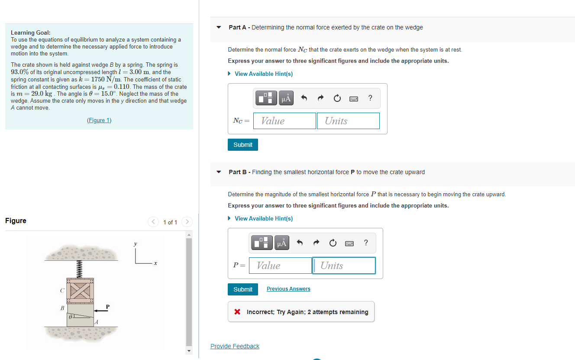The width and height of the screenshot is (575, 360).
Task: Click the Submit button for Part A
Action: click(x=242, y=145)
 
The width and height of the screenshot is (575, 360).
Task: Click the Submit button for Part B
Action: click(x=242, y=289)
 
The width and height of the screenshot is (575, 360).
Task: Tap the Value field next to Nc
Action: click(x=284, y=121)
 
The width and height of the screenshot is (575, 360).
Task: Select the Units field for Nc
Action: click(x=348, y=121)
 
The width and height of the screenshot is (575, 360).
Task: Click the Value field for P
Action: click(x=280, y=266)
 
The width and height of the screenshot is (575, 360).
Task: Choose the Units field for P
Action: click(x=344, y=266)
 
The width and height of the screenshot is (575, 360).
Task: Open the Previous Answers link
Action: click(x=288, y=289)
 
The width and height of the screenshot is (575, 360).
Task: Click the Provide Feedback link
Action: click(x=235, y=346)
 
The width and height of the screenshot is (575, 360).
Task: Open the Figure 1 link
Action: click(x=99, y=120)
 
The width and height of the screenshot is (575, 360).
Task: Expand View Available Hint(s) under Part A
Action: click(x=263, y=74)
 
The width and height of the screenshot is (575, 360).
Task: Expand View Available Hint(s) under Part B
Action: click(x=263, y=218)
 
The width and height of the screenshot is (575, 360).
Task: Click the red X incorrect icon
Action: click(x=237, y=312)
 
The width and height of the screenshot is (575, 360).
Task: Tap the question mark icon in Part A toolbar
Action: click(x=370, y=98)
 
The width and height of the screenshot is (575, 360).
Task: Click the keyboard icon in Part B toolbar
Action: click(x=349, y=243)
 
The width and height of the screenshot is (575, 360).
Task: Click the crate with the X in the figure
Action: click(x=80, y=291)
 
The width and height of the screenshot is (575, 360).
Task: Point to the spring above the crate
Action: click(x=80, y=269)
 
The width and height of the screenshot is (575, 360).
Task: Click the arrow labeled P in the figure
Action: click(x=101, y=311)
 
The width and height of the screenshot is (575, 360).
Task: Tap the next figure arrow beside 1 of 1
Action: click(x=187, y=222)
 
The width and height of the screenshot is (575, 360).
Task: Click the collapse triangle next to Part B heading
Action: click(x=219, y=172)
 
